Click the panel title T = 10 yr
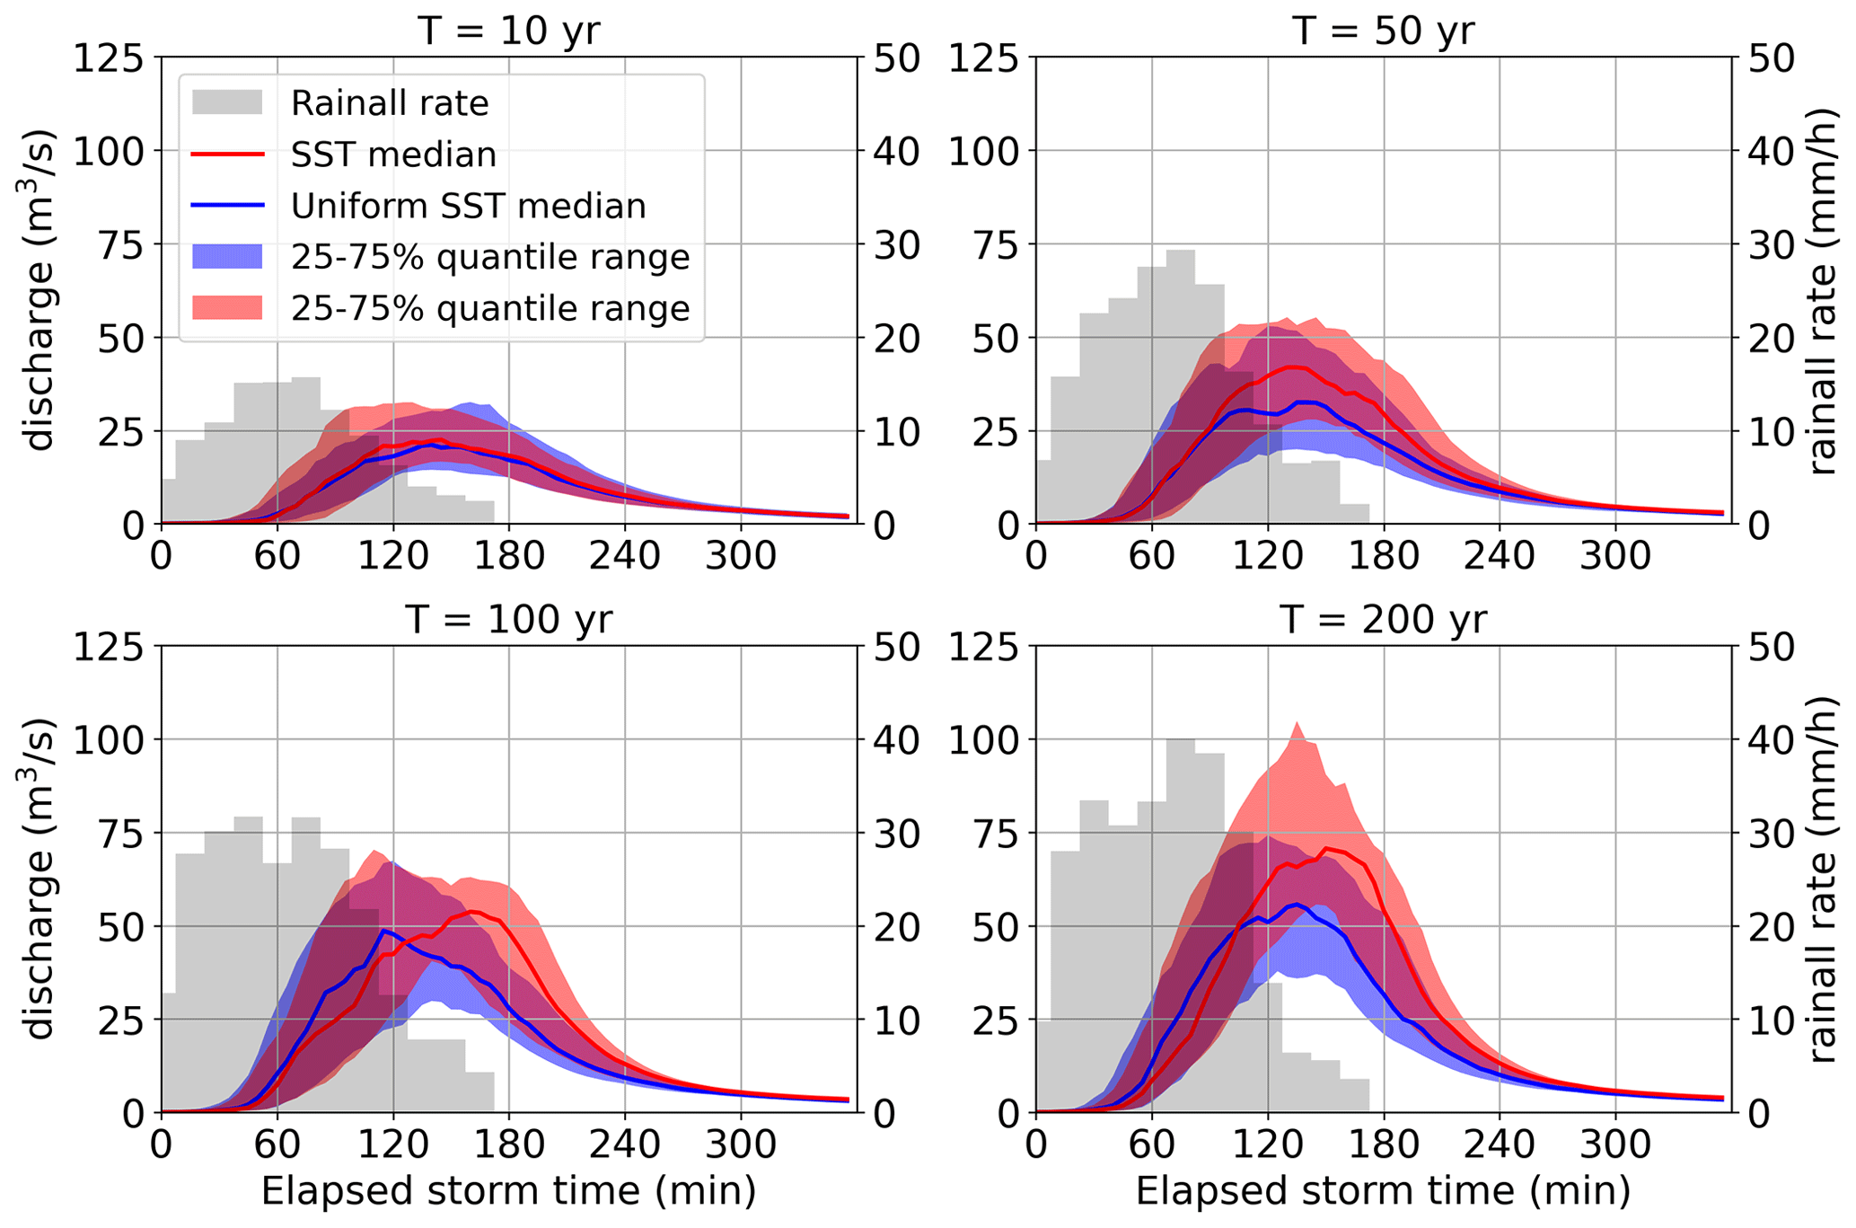508,31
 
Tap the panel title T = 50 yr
1384,31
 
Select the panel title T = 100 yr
508,619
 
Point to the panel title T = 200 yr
1384,619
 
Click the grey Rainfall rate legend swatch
227,102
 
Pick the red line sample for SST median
227,155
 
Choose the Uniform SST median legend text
468,206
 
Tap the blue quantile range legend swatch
227,257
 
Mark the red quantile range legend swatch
227,308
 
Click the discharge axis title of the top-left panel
40,290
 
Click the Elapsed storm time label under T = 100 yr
508,1191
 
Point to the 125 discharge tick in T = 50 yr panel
983,58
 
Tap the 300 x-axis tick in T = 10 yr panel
740,556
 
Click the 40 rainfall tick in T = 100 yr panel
896,740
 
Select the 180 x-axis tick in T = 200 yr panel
1383,1144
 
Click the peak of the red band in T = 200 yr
1297,724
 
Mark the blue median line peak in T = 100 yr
384,931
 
